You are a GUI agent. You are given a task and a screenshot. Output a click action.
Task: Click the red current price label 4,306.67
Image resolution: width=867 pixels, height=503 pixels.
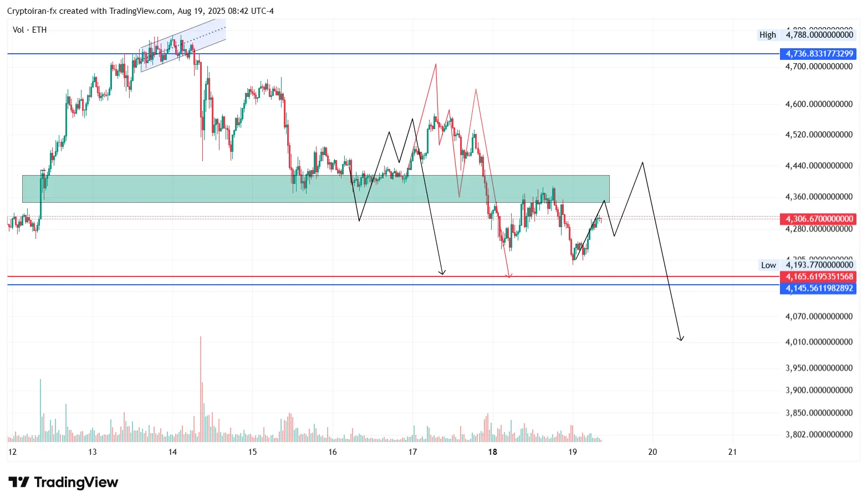click(818, 219)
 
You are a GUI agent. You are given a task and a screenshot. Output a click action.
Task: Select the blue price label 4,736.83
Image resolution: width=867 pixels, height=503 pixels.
click(818, 54)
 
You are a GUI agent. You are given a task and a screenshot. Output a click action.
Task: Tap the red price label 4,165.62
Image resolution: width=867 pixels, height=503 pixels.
click(818, 276)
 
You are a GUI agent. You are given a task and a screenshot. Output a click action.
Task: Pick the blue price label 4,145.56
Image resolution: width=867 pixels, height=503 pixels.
click(818, 288)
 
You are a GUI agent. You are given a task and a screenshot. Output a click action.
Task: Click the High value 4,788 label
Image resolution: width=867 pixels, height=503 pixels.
click(819, 35)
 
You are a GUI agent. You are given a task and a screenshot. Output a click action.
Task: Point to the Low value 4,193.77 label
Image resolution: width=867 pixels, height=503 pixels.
click(819, 265)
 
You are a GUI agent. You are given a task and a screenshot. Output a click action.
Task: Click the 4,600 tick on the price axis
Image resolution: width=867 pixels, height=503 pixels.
click(819, 104)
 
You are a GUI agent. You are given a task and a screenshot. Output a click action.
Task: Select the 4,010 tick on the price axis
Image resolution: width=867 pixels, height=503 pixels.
click(819, 342)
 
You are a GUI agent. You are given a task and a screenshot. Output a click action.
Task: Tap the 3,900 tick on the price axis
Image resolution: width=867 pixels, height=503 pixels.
click(819, 390)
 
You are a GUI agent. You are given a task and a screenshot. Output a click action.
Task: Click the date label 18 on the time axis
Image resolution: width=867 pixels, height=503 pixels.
click(492, 452)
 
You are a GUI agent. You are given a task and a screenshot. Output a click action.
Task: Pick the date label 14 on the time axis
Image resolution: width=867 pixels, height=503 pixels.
click(172, 452)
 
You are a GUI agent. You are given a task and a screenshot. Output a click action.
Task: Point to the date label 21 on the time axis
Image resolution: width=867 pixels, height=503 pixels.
click(732, 452)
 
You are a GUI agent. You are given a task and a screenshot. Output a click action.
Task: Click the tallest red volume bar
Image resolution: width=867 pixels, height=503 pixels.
click(201, 388)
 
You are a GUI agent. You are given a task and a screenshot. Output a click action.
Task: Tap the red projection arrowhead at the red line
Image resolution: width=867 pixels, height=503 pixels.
click(509, 275)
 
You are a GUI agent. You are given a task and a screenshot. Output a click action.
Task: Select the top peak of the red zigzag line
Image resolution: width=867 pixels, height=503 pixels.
click(436, 65)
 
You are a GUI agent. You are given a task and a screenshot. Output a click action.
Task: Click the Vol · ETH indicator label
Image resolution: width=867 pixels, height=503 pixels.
click(29, 30)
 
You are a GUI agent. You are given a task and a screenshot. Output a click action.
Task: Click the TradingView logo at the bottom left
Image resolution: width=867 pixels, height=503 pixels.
click(63, 483)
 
